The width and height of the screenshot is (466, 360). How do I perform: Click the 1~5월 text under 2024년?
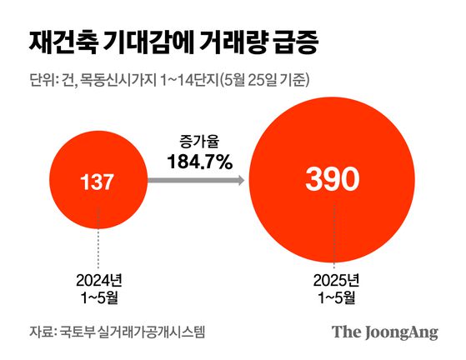(x=98, y=296)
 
